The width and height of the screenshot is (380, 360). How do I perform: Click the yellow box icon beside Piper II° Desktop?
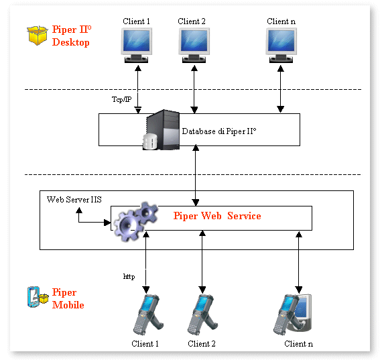click(37, 36)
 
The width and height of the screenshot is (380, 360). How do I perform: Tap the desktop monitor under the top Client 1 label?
click(137, 45)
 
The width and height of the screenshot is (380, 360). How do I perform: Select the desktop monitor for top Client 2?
click(194, 45)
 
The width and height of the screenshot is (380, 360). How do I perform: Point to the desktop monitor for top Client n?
click(281, 45)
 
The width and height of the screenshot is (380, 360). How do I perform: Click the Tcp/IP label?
click(122, 99)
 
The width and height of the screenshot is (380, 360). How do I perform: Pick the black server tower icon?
click(163, 129)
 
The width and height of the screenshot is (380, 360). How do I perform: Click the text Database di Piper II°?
click(219, 131)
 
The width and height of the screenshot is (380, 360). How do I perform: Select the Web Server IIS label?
click(74, 200)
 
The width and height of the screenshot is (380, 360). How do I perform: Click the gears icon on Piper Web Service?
click(135, 221)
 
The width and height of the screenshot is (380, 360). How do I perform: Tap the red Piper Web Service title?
click(217, 216)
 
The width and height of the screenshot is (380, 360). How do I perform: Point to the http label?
click(129, 276)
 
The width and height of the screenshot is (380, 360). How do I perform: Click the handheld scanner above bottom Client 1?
click(148, 314)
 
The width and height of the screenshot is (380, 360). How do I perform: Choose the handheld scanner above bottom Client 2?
click(202, 314)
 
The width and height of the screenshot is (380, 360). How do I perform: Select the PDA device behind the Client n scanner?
click(302, 312)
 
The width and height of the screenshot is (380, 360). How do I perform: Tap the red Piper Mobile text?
click(68, 298)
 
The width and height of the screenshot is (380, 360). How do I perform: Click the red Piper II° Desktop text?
click(72, 36)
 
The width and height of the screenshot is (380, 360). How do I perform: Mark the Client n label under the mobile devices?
click(299, 344)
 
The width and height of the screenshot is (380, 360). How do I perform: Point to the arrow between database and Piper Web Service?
click(195, 175)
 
